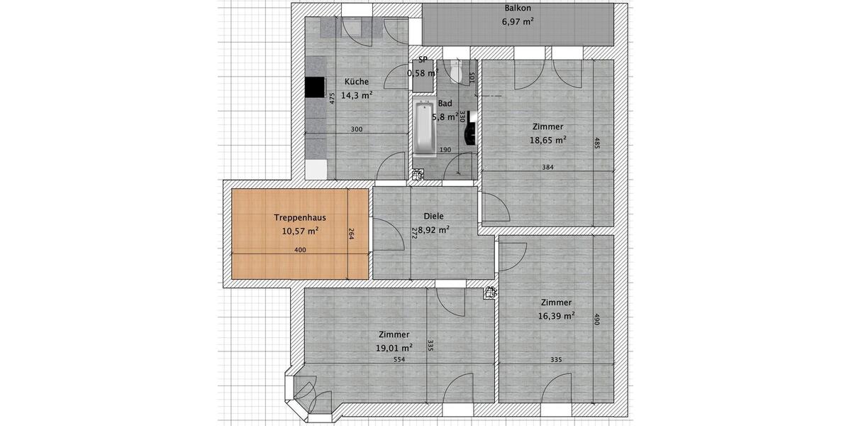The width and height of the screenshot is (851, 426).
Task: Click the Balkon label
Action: click(518, 9)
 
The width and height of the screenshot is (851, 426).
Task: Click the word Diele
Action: click(433, 217)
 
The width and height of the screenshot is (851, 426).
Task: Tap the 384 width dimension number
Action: click(547, 168)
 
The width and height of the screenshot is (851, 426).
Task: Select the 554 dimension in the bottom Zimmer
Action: click(399, 360)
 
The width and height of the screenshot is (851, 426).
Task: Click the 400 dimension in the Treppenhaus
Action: click(300, 250)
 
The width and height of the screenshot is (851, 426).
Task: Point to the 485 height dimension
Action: click(598, 144)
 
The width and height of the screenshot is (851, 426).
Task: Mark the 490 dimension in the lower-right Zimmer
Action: click(598, 320)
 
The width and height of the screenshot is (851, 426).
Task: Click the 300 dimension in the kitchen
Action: click(357, 130)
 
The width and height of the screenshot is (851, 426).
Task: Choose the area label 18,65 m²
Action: click(547, 140)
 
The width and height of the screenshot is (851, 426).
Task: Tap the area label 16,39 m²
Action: click(556, 315)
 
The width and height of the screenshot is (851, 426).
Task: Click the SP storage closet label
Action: click(423, 61)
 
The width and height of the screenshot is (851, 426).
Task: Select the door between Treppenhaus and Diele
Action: click(383, 234)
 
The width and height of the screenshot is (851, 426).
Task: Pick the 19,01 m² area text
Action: click(395, 348)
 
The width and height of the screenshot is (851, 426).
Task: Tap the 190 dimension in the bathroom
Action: click(445, 150)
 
